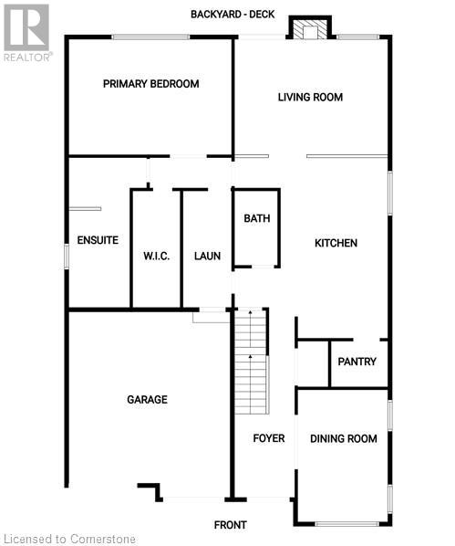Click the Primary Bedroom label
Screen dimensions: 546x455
(150, 84)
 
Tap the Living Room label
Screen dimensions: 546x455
(310, 97)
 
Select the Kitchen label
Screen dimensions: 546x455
(336, 243)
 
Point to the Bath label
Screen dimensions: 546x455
(256, 218)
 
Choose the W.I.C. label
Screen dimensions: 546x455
(156, 257)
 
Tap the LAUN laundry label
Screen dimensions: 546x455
(208, 257)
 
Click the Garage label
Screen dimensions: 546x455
(147, 399)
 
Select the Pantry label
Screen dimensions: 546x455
(357, 362)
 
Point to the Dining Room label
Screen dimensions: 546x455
(343, 439)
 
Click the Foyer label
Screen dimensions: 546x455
(268, 438)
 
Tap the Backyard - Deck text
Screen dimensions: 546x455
(233, 15)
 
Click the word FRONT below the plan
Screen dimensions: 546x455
(230, 525)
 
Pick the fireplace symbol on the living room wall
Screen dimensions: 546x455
(309, 29)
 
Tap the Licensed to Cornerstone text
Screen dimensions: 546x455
(70, 539)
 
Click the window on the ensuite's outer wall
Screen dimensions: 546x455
(66, 253)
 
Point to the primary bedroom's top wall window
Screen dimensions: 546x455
(150, 37)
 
